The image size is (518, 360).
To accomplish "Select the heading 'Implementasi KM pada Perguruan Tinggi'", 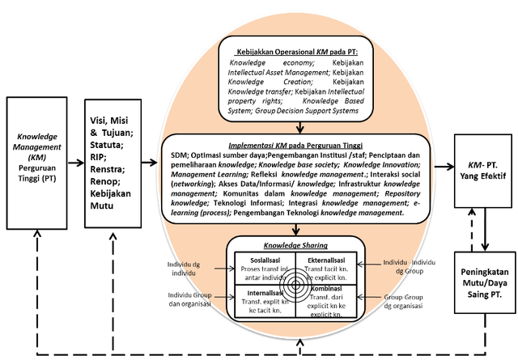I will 300,143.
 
